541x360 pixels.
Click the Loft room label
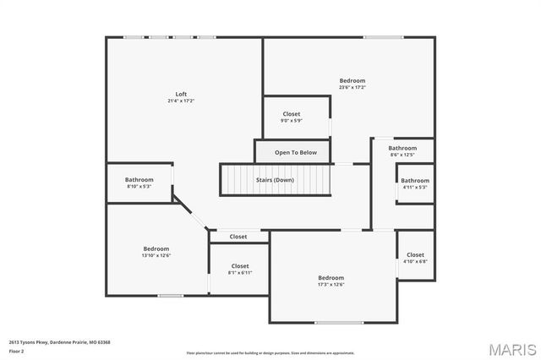[x=181, y=94]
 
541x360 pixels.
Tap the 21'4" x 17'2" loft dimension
[x=181, y=101]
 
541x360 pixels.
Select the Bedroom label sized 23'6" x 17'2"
[x=352, y=80]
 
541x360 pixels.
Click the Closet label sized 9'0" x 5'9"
[x=292, y=114]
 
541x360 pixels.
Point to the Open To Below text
[x=296, y=153]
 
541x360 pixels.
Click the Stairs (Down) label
[x=275, y=180]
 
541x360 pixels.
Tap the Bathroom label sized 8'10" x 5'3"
[x=139, y=179]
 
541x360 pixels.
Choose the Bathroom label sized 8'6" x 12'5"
[x=402, y=148]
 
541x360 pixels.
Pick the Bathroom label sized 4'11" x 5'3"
[x=414, y=180]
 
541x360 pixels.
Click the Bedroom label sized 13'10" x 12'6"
[x=156, y=248]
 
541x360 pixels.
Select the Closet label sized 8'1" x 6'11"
[x=240, y=266]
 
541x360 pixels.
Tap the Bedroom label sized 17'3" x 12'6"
[x=331, y=278]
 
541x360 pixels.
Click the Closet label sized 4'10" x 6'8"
[x=415, y=254]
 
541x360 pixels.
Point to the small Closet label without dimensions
[x=238, y=237]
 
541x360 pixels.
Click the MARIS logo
[x=511, y=348]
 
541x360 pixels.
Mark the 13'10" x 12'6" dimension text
[x=156, y=255]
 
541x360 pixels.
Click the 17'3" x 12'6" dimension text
[x=331, y=285]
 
